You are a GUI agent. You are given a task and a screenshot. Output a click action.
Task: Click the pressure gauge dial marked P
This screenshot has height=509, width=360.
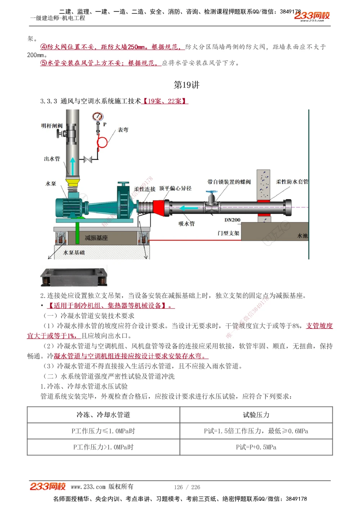98,117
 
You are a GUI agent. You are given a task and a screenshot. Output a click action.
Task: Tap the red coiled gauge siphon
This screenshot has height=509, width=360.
102,142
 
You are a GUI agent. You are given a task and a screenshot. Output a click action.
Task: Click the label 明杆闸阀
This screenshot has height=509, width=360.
52,126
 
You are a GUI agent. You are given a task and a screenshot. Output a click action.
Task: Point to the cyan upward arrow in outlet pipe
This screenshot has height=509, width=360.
73,166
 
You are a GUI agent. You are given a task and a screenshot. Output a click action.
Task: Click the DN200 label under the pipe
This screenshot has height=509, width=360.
232,220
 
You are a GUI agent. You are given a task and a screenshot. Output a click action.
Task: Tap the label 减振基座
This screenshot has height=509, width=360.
96,238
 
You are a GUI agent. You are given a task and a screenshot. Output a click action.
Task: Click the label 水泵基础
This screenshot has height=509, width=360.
74,253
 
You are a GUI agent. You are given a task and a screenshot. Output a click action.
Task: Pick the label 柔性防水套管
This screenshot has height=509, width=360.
292,182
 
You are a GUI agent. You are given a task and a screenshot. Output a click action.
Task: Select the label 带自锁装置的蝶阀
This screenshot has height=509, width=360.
229,182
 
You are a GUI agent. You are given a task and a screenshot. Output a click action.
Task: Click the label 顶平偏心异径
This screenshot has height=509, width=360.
175,188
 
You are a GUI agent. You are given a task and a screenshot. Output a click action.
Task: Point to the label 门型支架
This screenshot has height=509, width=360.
228,233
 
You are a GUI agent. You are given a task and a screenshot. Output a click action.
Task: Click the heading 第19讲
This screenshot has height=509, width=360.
186,85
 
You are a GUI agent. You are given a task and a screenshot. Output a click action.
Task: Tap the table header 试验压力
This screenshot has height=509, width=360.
256,415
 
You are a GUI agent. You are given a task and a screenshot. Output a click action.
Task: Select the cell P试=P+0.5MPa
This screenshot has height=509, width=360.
256,447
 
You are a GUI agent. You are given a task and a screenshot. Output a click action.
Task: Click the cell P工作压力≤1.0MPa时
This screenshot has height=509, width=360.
103,431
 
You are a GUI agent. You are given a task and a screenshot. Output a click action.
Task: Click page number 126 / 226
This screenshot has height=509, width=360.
187,487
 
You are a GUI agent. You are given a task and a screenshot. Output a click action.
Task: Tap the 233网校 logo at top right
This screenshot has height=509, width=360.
312,16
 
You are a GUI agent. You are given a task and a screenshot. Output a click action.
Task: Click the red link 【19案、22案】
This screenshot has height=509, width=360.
165,101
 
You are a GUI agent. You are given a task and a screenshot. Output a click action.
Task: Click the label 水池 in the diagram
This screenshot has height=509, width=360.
302,236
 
